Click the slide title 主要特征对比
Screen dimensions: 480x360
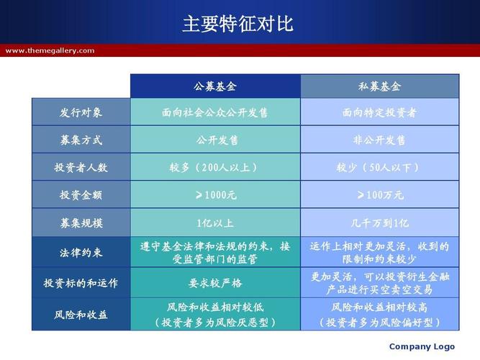pyautogui.click(x=238, y=24)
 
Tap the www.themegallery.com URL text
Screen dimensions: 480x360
pyautogui.click(x=50, y=50)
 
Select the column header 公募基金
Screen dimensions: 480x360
pyautogui.click(x=215, y=86)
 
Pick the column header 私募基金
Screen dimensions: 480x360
pyautogui.click(x=379, y=86)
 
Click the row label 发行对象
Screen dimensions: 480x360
pyautogui.click(x=81, y=112)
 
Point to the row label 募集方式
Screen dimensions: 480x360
pyautogui.click(x=81, y=140)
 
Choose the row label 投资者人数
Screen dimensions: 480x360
pyautogui.click(x=81, y=167)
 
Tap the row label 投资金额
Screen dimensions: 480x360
pyautogui.click(x=81, y=195)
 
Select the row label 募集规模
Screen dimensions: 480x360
pyautogui.click(x=81, y=222)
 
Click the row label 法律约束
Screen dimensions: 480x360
pyautogui.click(x=81, y=253)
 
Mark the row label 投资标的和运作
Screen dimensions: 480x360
pyautogui.click(x=81, y=283)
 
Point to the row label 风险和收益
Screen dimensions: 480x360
pyautogui.click(x=81, y=315)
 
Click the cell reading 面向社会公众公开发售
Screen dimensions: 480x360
pyautogui.click(x=215, y=112)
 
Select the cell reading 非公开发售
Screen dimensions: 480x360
pyautogui.click(x=379, y=140)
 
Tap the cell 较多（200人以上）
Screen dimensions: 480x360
pyautogui.click(x=215, y=167)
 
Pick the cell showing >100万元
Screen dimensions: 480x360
pyautogui.click(x=379, y=195)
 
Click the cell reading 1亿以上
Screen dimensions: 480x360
pyautogui.click(x=215, y=222)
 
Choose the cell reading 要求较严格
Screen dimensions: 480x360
pyautogui.click(x=215, y=283)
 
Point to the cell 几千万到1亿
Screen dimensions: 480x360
pyautogui.click(x=379, y=222)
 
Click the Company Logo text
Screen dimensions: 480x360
pyautogui.click(x=422, y=346)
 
